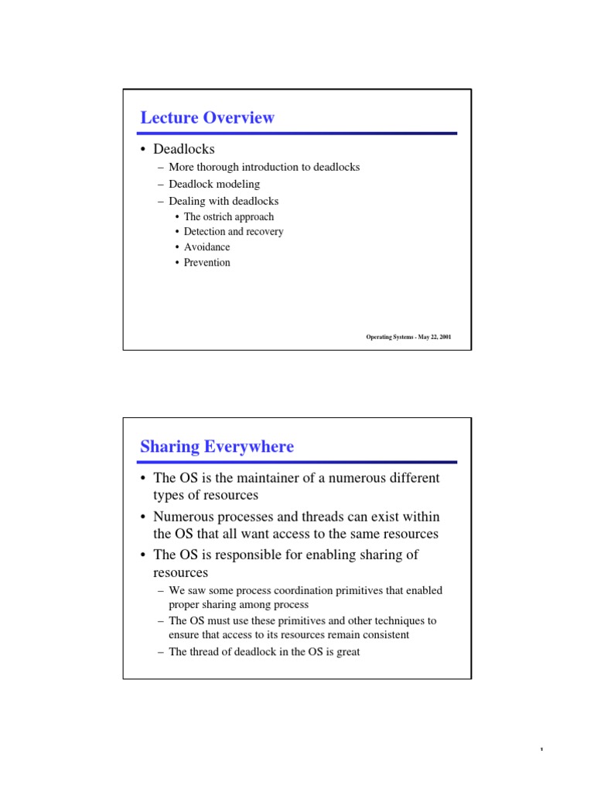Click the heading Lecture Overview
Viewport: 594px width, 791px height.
coord(207,117)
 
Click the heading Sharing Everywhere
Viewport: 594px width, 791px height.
coord(217,446)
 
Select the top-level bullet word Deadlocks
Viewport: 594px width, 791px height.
coord(183,148)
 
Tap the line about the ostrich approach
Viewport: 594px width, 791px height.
coord(229,217)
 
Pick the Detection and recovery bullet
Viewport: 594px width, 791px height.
coord(234,232)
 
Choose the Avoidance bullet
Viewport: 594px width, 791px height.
coord(207,247)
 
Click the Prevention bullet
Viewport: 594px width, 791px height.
coord(207,263)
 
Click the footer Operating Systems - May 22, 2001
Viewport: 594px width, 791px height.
coord(408,337)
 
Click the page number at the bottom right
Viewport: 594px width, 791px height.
coord(542,750)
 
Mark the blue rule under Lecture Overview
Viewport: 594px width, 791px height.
coord(297,134)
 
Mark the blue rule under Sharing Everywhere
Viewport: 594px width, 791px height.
coord(297,462)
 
